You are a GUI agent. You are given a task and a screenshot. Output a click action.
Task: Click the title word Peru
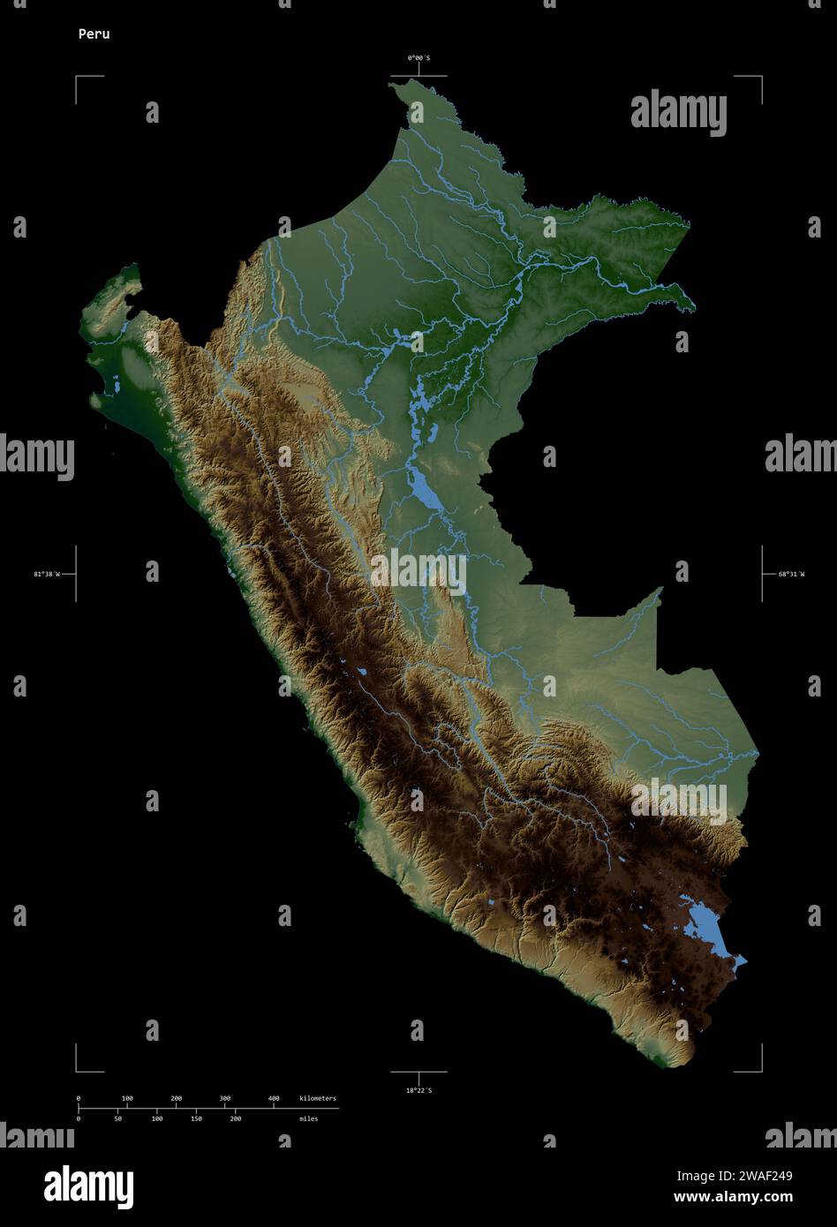[x=93, y=34]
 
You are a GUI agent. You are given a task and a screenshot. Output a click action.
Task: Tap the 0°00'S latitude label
[x=418, y=57]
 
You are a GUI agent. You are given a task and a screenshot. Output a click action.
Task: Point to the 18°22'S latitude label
[x=418, y=1091]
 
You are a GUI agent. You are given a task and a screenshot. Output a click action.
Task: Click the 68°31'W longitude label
[x=791, y=574]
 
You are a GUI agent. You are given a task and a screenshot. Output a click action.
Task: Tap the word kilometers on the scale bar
[x=318, y=1098]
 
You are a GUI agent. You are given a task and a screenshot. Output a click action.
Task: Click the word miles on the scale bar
[x=308, y=1118]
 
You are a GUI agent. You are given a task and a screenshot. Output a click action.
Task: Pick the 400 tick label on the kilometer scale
[x=274, y=1098]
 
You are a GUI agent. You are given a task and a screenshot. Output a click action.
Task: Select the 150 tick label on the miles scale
[x=196, y=1118]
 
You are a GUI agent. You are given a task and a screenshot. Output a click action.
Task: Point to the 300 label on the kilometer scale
[x=225, y=1098]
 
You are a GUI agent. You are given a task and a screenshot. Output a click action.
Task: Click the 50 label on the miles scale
[x=117, y=1118]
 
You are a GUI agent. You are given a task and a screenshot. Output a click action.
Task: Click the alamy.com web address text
[x=733, y=1198]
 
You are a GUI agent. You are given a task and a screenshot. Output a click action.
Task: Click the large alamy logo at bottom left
[x=88, y=1186]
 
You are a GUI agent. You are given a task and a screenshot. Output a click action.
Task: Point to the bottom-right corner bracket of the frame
[x=759, y=1069]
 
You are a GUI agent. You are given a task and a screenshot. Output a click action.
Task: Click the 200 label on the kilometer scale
[x=177, y=1098]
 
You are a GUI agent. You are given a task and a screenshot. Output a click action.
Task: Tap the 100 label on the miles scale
[x=157, y=1118]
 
